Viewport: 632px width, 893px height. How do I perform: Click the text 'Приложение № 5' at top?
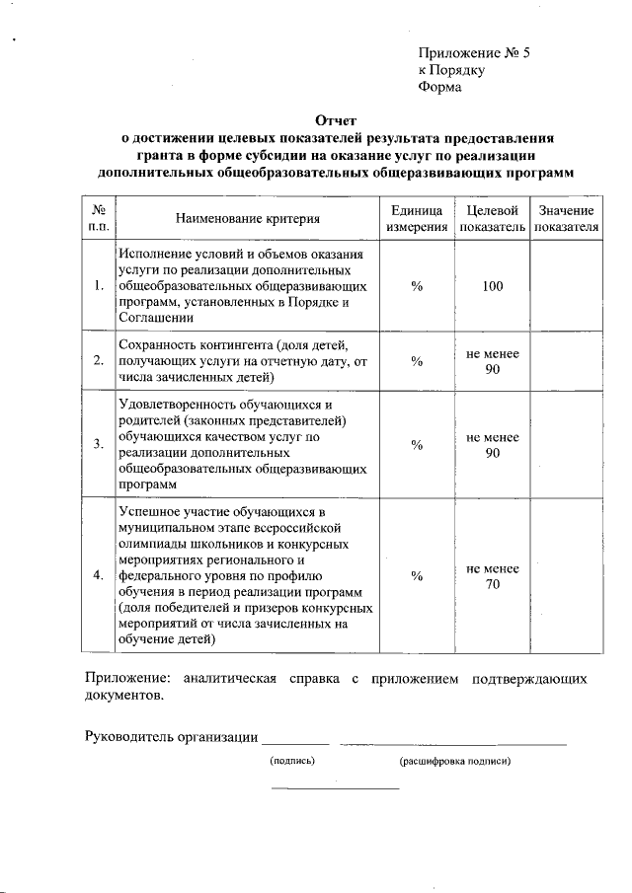(x=475, y=53)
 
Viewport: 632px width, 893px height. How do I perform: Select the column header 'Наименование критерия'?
(x=248, y=219)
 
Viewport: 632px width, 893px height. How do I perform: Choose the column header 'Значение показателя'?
(x=566, y=219)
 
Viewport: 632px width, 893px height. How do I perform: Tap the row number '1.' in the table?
(x=99, y=286)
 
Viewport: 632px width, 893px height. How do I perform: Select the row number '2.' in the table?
(x=99, y=360)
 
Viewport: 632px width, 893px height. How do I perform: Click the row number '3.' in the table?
(x=99, y=444)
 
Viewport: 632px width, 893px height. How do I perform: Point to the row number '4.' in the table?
(x=99, y=576)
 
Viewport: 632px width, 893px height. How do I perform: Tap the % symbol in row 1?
(x=417, y=286)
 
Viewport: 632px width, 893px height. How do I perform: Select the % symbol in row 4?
(x=417, y=576)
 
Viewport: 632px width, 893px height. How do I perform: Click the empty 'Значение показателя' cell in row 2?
(x=566, y=360)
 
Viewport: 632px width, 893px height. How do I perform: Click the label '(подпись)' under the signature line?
(x=292, y=762)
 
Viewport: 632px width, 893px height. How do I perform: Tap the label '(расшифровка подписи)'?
(x=454, y=762)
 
